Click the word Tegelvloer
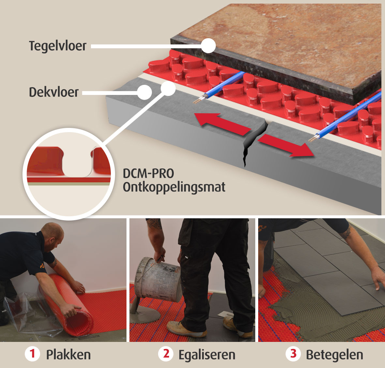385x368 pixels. click(x=58, y=46)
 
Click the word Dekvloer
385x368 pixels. click(x=54, y=92)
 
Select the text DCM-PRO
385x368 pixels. click(x=148, y=174)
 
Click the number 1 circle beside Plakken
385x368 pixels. click(x=32, y=354)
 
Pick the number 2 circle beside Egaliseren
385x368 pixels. click(x=166, y=354)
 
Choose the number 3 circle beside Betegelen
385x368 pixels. click(x=293, y=354)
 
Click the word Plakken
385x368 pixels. click(x=68, y=355)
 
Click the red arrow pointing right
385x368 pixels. click(x=286, y=146)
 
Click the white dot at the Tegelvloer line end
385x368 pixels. click(x=208, y=46)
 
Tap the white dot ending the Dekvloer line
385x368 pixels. click(x=144, y=92)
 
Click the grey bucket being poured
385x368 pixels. click(x=157, y=280)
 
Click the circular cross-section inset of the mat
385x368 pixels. click(x=69, y=174)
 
